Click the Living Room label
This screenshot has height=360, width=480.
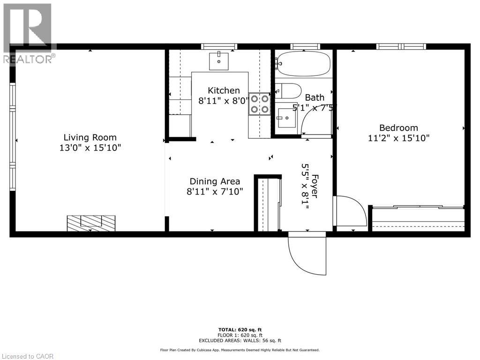coord(90,137)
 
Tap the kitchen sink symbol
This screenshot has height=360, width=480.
coord(218,61)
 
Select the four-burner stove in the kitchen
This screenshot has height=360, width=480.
coord(260,104)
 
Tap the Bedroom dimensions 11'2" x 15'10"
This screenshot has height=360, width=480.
coord(398,138)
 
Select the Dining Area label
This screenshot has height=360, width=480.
coord(215,181)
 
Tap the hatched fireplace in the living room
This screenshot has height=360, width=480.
coord(91,222)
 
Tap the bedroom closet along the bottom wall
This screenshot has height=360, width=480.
coord(417,217)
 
